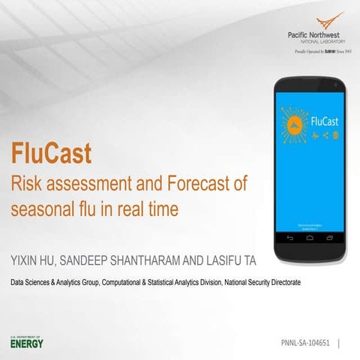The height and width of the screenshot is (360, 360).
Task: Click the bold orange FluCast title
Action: click(51, 154)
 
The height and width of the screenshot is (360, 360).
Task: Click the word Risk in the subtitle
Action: click(23, 183)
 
